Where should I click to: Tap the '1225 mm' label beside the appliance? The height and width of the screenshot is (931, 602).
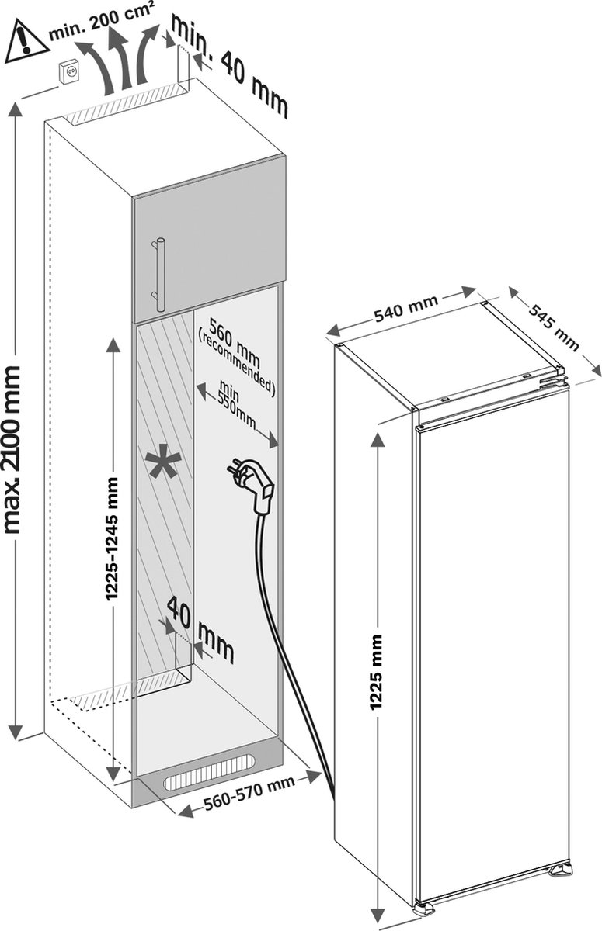[x=377, y=672]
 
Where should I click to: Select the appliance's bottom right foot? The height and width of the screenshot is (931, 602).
[x=561, y=871]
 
